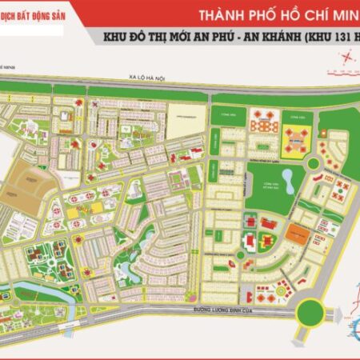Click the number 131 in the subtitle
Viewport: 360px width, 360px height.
[335, 38]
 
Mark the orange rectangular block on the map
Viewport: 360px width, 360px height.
[297, 234]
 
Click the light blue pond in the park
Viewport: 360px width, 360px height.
[286, 182]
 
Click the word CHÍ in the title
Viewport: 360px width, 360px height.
[314, 15]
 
